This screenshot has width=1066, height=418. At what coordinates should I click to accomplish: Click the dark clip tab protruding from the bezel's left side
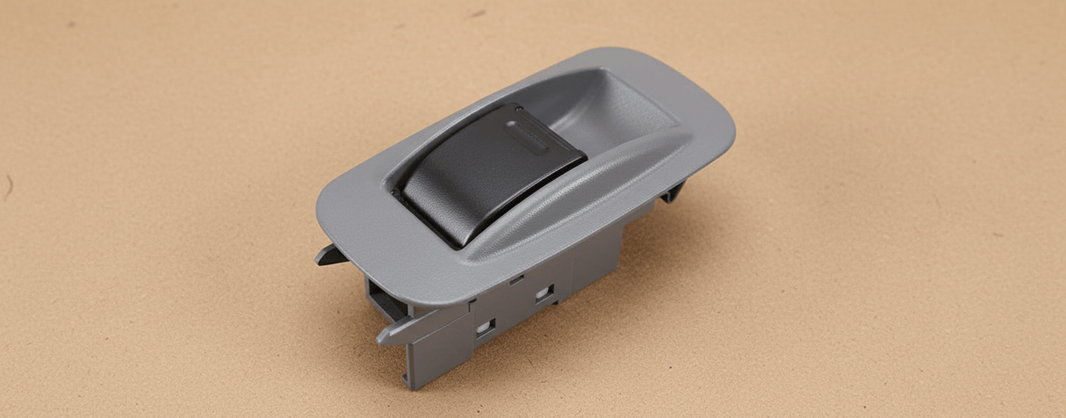(329, 255)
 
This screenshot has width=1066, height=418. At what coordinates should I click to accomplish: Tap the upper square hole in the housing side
(544, 292)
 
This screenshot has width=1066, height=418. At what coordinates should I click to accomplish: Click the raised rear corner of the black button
(518, 108)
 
